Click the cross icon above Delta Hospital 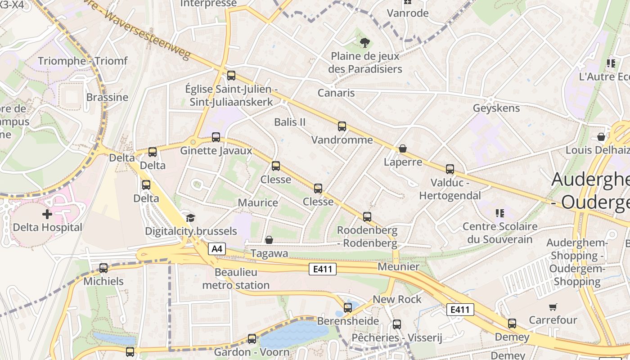click(47, 214)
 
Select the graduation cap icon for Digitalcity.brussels click(190, 218)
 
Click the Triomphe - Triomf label click(83, 61)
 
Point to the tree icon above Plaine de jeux click(364, 43)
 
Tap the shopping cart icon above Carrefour click(553, 307)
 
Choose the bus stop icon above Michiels click(103, 268)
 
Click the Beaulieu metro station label click(236, 279)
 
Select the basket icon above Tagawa click(269, 240)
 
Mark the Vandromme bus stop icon click(342, 126)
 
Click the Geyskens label click(496, 108)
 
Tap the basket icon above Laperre click(403, 148)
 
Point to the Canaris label click(336, 93)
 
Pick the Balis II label click(290, 122)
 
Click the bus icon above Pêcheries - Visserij click(396, 324)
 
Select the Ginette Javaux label click(216, 151)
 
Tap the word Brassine click(107, 97)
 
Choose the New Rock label click(397, 299)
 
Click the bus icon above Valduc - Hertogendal click(450, 169)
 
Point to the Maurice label click(258, 203)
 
